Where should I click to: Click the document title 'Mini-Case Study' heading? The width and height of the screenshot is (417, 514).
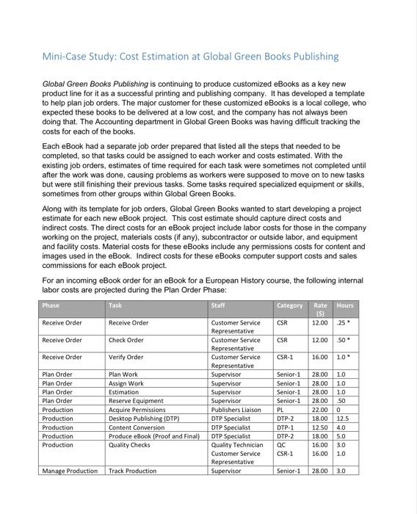190,56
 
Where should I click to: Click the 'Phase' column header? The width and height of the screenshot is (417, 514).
51,305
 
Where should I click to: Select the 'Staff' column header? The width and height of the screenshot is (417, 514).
217,305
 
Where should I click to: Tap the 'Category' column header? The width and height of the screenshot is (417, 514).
289,305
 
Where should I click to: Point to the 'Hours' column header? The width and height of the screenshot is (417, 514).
344,305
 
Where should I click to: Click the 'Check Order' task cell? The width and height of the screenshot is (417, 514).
126,340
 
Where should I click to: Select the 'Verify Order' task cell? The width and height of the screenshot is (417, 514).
127,358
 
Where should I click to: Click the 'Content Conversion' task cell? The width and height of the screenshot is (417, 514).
136,427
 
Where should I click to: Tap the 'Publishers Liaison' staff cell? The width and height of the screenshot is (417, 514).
236,408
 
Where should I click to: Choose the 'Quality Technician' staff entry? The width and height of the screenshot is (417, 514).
236,445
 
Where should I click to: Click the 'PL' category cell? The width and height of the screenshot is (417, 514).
280,408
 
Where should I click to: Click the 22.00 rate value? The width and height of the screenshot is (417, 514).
320,408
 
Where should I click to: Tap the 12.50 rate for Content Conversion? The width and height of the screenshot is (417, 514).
320,427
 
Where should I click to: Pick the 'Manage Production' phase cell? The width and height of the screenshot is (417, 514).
69,471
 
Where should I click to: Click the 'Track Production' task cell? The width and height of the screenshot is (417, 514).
132,471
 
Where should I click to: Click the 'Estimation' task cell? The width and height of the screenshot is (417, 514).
124,391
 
